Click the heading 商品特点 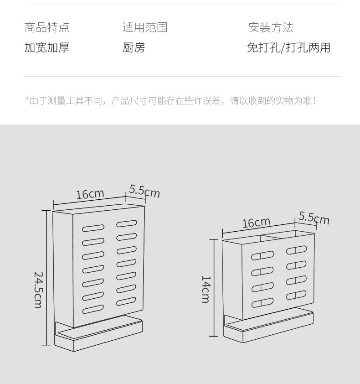tap(47, 27)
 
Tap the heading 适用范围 tap(145, 27)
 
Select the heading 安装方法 tap(271, 27)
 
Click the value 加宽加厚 tap(47, 47)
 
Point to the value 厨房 tap(134, 47)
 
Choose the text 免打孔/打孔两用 tap(288, 47)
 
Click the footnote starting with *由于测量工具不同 tap(171, 101)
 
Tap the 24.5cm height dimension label tap(39, 290)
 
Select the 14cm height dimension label tap(206, 289)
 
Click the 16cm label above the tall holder tap(90, 194)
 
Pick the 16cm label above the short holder tap(256, 223)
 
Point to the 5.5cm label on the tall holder tap(144, 191)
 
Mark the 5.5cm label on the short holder tap(314, 218)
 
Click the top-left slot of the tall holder tap(93, 228)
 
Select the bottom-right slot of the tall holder tap(126, 301)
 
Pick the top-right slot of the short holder tap(297, 250)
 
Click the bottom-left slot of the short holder tap(262, 303)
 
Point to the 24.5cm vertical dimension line tap(46, 278)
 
